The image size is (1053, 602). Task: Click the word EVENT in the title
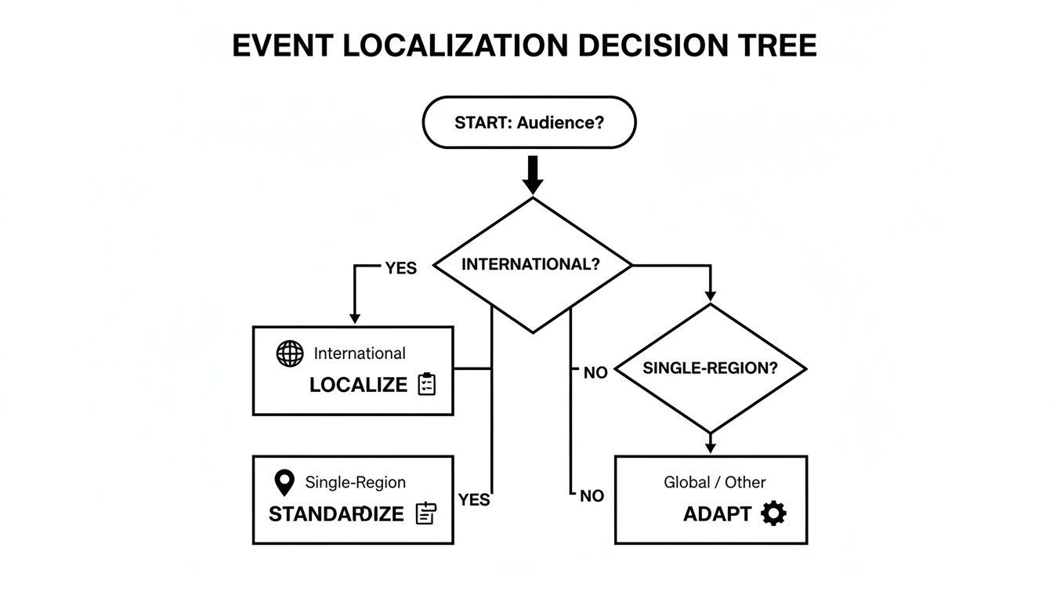[x=282, y=45]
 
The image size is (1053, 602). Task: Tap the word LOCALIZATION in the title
[x=454, y=45]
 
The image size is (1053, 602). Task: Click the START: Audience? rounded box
[x=529, y=122]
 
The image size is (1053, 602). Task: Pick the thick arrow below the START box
[x=533, y=175]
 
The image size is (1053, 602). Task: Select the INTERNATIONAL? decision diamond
[x=532, y=265]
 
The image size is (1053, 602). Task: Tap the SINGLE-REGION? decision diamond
[x=710, y=368]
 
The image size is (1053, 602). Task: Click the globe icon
[x=290, y=354]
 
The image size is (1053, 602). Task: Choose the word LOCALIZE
[x=359, y=385]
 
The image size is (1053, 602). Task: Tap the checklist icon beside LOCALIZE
[x=426, y=384]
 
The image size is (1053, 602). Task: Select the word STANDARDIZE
[x=336, y=514]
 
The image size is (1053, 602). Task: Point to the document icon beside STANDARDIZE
[x=426, y=513]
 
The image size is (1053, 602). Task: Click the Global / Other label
[x=715, y=482]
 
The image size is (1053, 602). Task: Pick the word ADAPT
[x=717, y=514]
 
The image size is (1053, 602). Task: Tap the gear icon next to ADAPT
[x=774, y=513]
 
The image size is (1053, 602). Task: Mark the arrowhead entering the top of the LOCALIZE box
[x=355, y=318]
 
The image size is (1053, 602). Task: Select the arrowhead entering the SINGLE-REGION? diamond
[x=710, y=296]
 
